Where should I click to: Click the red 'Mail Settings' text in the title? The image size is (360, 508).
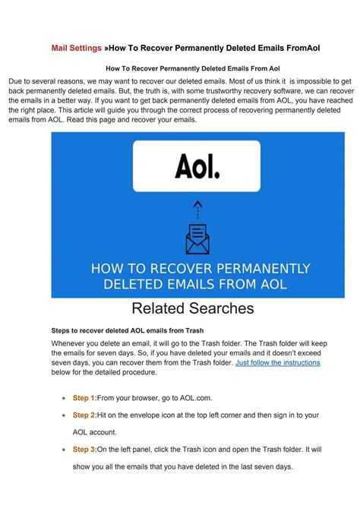77,48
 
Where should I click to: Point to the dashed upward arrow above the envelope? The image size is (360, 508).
197,207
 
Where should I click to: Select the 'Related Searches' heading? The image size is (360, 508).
192,308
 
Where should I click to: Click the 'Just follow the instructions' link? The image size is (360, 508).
278,363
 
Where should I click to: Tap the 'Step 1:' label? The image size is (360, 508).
84,398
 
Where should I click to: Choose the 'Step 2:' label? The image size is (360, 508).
84,415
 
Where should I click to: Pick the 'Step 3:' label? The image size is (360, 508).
84,449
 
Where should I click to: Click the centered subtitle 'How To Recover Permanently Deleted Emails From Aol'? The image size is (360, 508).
193,68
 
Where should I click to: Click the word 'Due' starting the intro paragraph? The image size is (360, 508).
16,80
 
